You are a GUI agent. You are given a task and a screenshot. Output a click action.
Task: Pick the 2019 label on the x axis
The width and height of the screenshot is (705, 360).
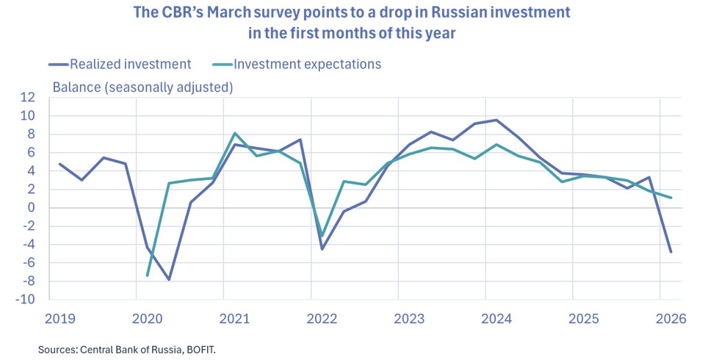59,318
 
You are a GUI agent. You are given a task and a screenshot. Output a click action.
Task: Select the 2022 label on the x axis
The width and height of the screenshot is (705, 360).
322,318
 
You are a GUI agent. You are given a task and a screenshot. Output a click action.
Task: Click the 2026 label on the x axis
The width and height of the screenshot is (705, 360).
670,318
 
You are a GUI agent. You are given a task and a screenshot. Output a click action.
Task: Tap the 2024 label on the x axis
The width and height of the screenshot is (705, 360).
496,318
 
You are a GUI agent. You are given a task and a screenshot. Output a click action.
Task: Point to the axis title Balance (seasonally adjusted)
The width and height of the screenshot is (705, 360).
142,87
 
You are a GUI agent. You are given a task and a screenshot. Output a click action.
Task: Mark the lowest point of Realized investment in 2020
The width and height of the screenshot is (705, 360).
169,280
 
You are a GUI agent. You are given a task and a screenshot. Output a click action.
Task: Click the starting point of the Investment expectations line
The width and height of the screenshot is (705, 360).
147,276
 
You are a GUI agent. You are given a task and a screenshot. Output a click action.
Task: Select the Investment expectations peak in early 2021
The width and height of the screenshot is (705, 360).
234,133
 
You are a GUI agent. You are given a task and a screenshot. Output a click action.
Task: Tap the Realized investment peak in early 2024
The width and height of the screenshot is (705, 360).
496,120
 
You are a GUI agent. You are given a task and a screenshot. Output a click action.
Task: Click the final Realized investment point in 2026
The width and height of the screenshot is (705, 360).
670,252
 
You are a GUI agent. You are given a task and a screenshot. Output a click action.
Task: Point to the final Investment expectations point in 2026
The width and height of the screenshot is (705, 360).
670,198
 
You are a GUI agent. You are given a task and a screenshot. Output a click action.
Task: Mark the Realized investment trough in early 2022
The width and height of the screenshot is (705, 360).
322,249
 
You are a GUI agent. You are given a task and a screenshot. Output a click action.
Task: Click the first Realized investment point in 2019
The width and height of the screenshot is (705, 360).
59,164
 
